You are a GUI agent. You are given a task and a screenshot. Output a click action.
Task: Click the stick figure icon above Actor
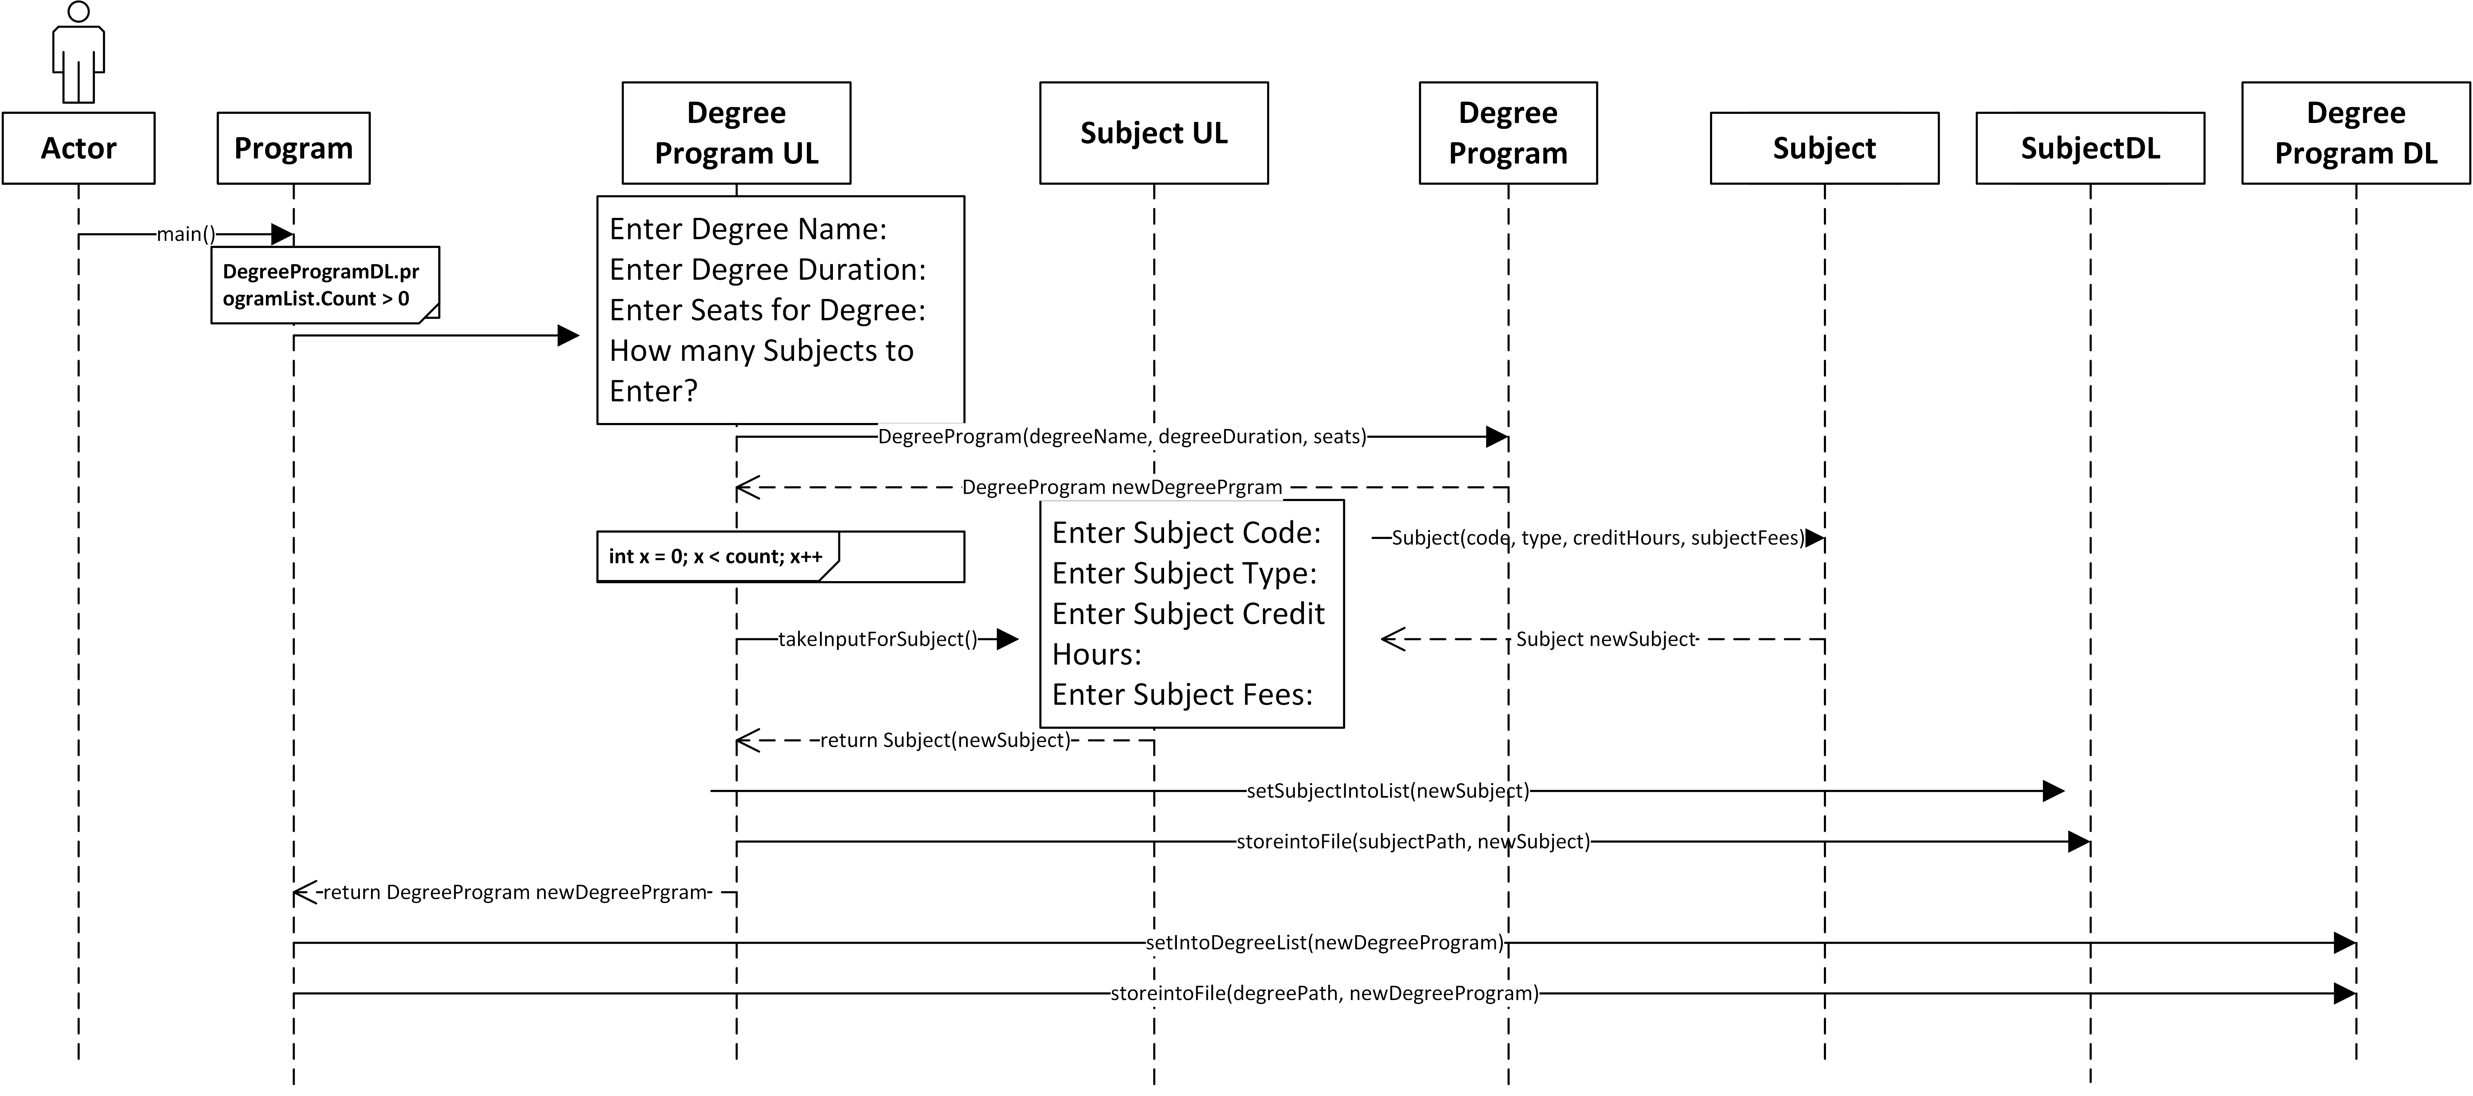(x=79, y=53)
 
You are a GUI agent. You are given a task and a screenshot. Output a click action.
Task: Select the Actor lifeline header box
(x=79, y=148)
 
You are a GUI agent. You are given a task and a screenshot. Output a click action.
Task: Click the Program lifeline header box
(x=294, y=148)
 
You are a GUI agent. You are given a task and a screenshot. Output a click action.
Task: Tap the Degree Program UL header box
(x=736, y=132)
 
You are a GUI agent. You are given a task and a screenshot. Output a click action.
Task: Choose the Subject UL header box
(x=1154, y=132)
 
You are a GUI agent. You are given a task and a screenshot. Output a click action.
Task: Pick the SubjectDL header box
(x=2090, y=148)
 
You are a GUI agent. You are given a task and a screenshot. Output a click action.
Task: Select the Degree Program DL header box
(x=2356, y=132)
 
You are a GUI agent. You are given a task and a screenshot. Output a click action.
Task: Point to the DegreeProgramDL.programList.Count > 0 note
(x=322, y=285)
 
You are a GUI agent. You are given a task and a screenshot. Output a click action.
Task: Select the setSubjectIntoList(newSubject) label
(x=1387, y=791)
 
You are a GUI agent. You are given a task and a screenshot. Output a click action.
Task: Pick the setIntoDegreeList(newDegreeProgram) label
(x=1325, y=942)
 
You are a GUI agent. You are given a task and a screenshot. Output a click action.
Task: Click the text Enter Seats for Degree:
(x=767, y=310)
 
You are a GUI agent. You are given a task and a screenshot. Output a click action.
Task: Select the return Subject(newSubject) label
(x=945, y=740)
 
